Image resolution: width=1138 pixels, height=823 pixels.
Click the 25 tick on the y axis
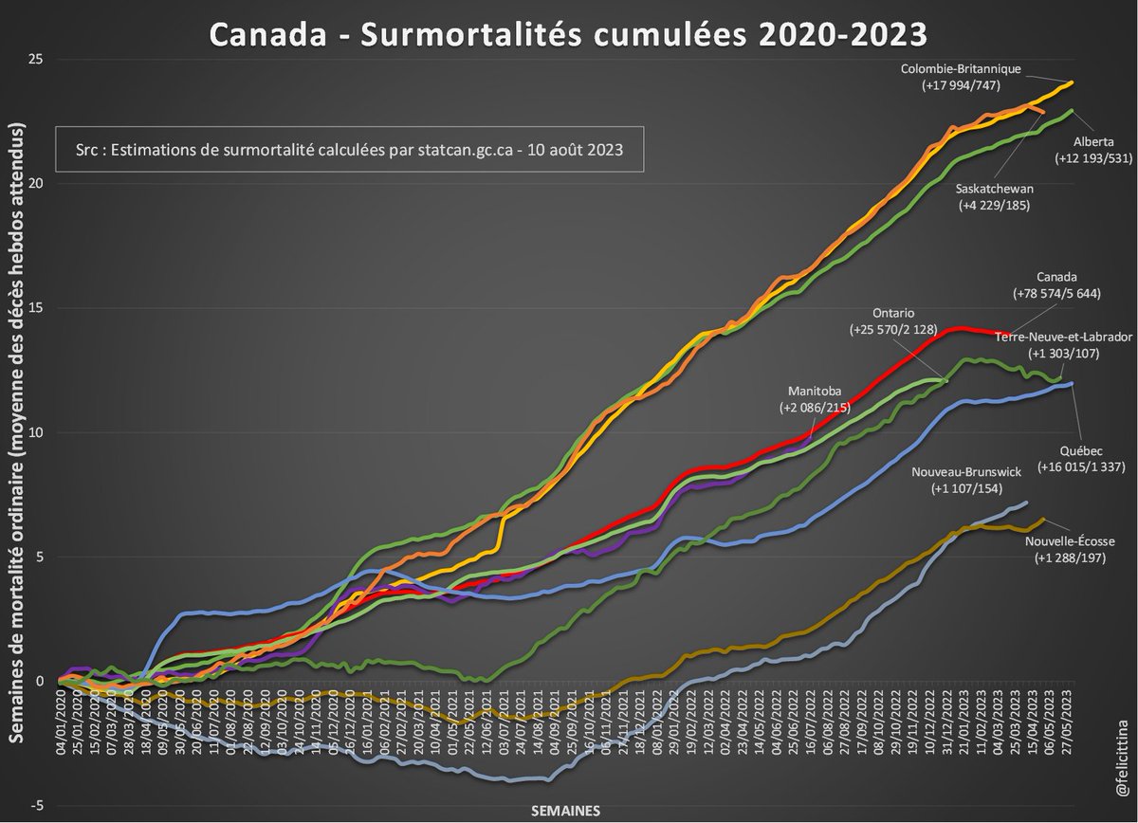click(38, 59)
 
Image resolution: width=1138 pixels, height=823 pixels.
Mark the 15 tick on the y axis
click(38, 308)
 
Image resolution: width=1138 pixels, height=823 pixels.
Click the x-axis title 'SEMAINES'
click(564, 811)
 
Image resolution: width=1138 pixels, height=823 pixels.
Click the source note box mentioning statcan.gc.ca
click(349, 150)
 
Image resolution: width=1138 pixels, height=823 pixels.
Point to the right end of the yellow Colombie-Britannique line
click(1072, 82)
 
